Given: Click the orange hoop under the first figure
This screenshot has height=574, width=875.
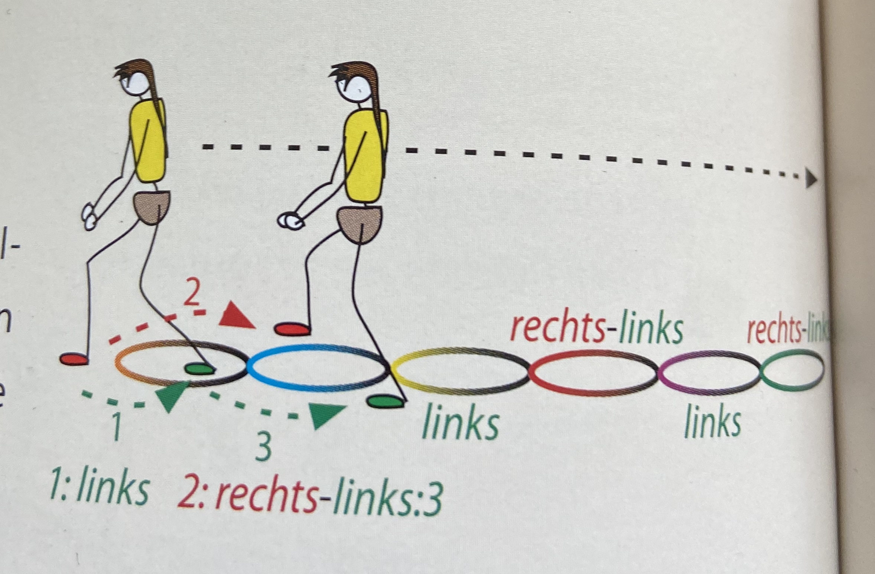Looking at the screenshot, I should (123, 366).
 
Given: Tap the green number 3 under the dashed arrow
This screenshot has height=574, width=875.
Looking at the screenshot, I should (263, 448).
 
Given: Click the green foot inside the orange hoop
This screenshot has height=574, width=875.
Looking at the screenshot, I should (200, 369).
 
